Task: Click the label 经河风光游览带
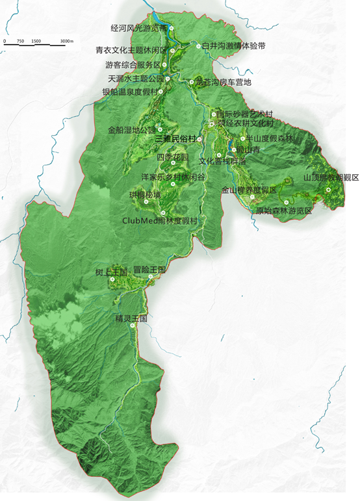[x=139, y=29]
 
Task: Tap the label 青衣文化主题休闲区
[x=131, y=50]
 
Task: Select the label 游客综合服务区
[x=133, y=65]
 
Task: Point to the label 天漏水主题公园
[x=136, y=79]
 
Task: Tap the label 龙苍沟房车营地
[x=223, y=83]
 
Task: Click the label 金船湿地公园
[x=132, y=130]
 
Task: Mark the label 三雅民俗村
[x=175, y=139]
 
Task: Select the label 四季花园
[x=172, y=157]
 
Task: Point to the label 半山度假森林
[x=267, y=139]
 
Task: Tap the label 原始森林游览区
[x=284, y=211]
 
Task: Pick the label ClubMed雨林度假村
[x=159, y=220]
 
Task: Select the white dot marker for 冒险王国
[x=150, y=277]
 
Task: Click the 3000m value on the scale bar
[x=67, y=42]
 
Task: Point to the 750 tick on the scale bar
[x=21, y=42]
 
